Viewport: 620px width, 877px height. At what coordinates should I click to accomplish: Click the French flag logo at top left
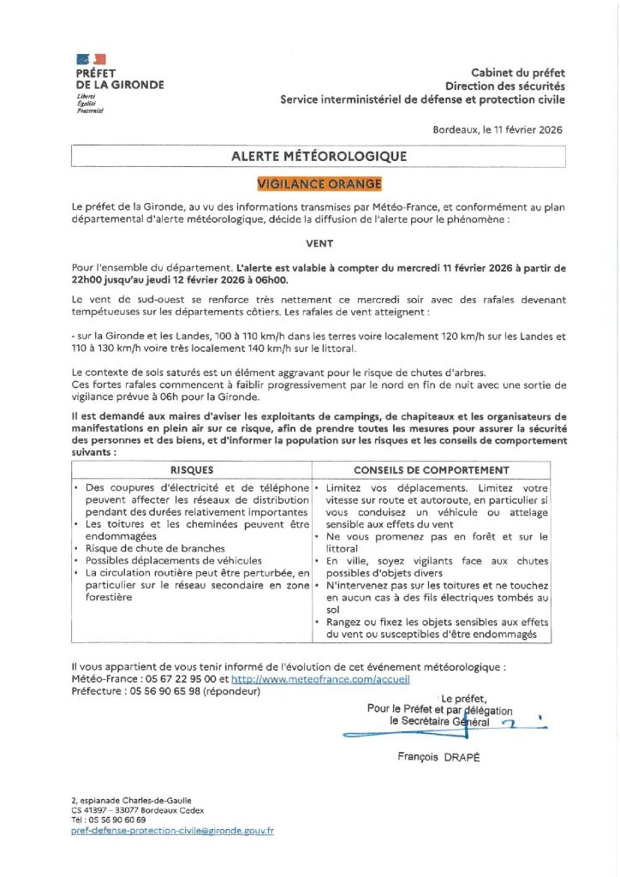click(x=91, y=59)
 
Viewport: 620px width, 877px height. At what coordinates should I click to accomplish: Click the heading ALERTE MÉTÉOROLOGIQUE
click(x=319, y=157)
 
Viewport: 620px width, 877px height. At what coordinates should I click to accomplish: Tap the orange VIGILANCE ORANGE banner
click(x=319, y=183)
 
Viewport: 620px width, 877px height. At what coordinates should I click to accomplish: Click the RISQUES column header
click(x=192, y=470)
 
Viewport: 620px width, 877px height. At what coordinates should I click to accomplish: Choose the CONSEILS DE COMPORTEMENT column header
click(x=432, y=470)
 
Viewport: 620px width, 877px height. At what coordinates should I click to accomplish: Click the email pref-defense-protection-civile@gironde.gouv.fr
click(x=172, y=831)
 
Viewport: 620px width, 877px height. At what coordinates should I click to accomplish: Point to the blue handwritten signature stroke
click(x=411, y=734)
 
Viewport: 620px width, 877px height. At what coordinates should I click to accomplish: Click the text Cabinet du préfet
click(x=517, y=73)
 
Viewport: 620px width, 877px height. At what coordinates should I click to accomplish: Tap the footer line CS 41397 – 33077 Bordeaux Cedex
click(x=137, y=810)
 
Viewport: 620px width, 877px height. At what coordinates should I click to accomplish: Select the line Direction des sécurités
click(x=504, y=87)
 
